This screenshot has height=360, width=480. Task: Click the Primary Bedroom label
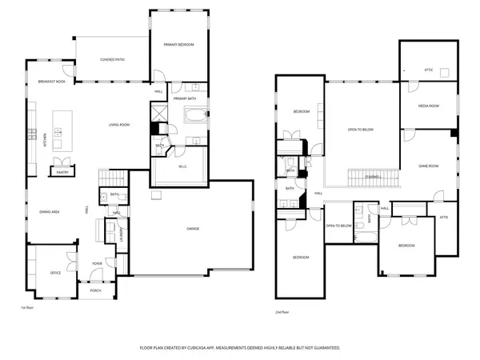[x=174, y=45]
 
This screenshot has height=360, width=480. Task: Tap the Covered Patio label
[x=112, y=59]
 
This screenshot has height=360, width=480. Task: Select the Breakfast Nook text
[x=50, y=82]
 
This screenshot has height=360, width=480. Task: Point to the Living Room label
[x=120, y=124]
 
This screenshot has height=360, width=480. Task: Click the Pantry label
[x=61, y=171]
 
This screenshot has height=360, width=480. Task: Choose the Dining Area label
[x=50, y=211]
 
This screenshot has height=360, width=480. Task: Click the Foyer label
[x=97, y=262]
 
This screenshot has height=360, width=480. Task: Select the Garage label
[x=193, y=230]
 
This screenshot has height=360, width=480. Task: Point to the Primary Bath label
[x=186, y=98]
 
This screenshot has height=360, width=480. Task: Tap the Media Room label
[x=428, y=106]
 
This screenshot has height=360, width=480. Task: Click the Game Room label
[x=429, y=166]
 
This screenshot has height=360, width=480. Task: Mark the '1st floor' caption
[x=27, y=307]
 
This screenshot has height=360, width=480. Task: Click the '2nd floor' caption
[x=282, y=310]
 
